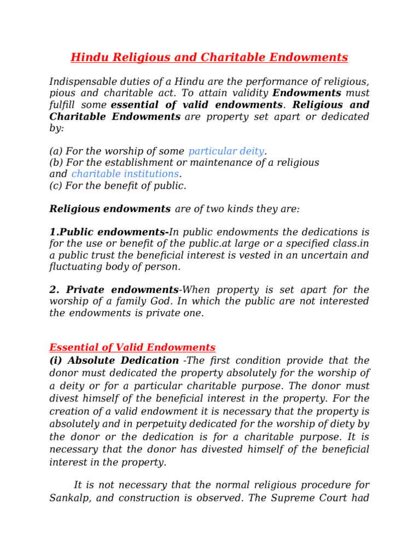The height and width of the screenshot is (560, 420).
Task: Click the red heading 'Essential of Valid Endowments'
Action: coord(132,347)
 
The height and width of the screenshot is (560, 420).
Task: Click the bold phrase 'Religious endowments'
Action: coord(110,209)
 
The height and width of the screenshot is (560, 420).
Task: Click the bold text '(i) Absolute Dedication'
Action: coord(114,360)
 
